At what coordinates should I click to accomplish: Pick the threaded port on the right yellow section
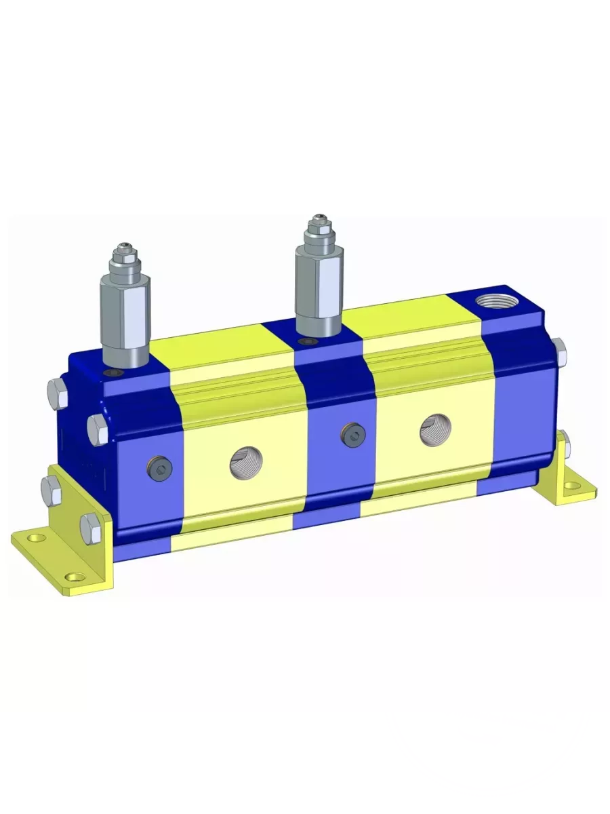[x=434, y=431]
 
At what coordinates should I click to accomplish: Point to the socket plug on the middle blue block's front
[x=350, y=434]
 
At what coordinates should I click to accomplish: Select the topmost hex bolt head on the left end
[x=57, y=393]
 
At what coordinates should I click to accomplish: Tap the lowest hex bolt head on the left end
[x=90, y=526]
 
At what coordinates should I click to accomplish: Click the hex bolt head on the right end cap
[x=559, y=351]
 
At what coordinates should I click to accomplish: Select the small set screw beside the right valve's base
[x=310, y=341]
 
